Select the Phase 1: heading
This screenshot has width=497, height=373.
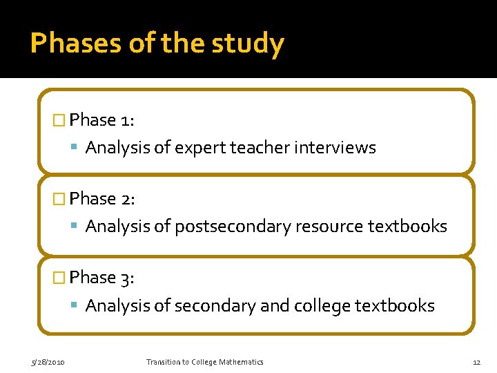102,120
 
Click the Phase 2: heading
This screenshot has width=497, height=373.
102,199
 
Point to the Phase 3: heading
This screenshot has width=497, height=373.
102,278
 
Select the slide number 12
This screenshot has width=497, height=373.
476,362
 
